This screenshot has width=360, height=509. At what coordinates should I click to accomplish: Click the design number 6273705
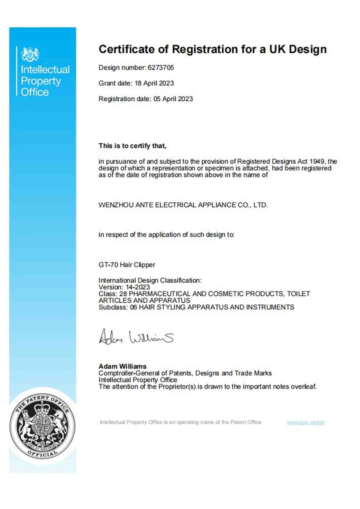(161, 68)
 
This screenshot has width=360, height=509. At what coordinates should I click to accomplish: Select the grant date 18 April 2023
(154, 83)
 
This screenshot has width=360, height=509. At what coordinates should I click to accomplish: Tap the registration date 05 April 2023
(173, 99)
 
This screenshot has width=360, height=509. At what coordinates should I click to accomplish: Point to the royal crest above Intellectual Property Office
(30, 54)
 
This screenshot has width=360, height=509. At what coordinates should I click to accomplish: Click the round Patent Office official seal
(42, 426)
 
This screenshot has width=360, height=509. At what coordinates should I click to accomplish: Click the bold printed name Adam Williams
(122, 366)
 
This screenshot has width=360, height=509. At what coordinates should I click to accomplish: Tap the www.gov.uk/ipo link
(305, 422)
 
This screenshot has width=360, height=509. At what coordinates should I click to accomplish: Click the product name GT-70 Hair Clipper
(127, 265)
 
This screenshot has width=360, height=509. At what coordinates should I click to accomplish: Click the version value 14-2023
(138, 287)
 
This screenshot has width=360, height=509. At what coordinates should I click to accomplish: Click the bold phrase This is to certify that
(132, 146)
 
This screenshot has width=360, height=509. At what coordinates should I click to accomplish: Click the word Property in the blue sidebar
(41, 81)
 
